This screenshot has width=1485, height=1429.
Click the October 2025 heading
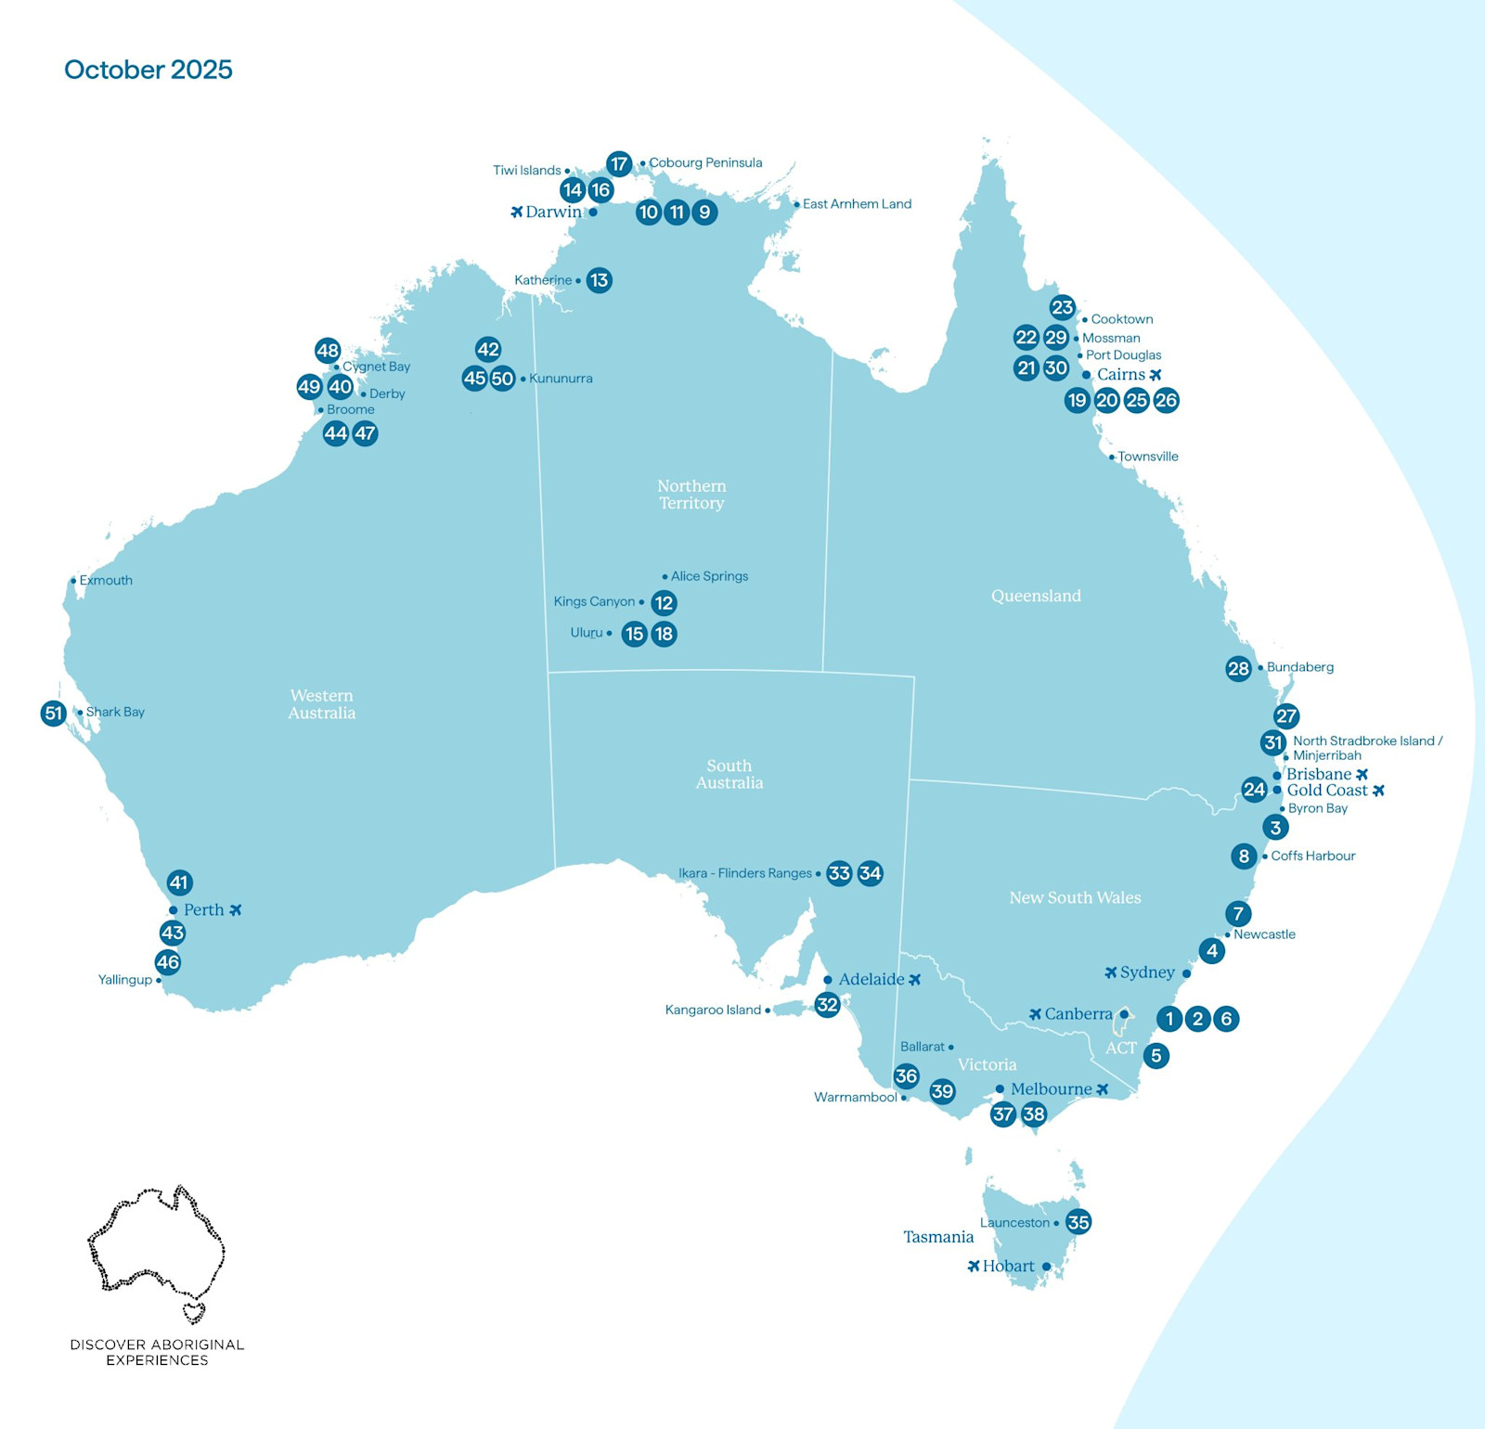coord(148,70)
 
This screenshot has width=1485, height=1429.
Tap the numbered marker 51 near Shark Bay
coord(54,714)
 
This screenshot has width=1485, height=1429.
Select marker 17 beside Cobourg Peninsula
coord(619,164)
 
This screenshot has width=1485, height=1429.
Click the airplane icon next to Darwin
coord(517,212)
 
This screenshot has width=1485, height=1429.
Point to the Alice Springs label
coord(709,576)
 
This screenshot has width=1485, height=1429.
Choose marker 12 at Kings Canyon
coord(664,603)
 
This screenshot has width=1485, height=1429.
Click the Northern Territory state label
coord(691,495)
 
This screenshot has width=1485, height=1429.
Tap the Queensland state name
coord(1036,596)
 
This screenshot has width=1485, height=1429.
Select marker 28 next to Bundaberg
coord(1238,668)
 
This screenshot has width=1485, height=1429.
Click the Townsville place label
coord(1147,457)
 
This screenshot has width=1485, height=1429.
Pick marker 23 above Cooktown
coord(1062,307)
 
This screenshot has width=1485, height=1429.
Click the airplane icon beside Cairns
coord(1156,375)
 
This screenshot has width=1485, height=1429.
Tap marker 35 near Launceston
coord(1078,1222)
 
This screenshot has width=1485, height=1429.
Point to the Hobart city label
coord(1008,1267)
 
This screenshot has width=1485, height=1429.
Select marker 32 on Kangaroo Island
coord(827,1004)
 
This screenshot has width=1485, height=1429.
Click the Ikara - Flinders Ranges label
coord(744,873)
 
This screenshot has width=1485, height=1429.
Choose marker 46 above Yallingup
coord(168,962)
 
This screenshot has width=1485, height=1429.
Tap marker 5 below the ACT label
coord(1156,1055)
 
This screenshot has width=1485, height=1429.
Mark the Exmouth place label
coord(105,581)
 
